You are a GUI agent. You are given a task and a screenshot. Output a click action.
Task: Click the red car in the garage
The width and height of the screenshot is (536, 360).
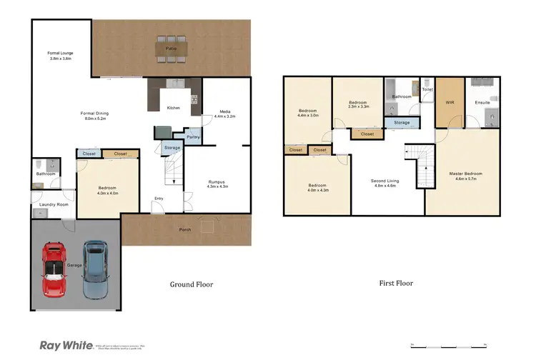point(54,269)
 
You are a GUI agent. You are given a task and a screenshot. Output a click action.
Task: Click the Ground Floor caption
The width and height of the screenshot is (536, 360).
point(191,284)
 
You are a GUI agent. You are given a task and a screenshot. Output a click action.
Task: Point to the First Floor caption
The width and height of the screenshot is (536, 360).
point(395,283)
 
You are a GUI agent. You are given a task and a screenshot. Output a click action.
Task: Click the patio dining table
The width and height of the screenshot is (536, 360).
point(172,48)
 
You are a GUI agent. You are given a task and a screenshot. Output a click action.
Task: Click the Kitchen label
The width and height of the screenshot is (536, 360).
point(173,108)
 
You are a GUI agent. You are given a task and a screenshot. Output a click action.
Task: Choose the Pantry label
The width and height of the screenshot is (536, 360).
point(192,137)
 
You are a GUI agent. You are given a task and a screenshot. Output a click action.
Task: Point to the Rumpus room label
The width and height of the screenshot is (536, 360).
point(217,183)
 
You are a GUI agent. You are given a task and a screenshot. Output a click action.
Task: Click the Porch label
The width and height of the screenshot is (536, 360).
point(184,229)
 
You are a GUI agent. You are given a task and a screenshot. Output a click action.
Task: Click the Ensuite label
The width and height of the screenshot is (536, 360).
point(482,103)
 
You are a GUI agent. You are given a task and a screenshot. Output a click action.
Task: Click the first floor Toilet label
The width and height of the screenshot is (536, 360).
point(427,90)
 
